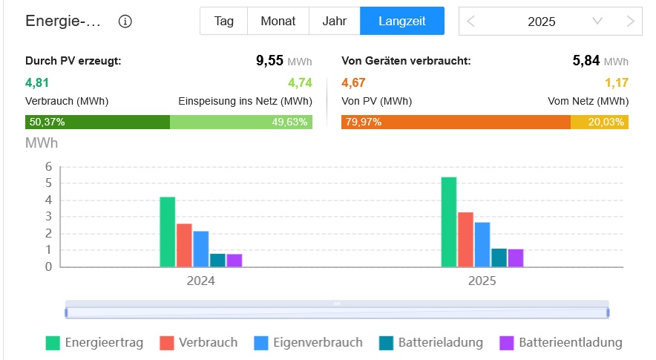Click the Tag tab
click(223, 21)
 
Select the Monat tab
click(278, 21)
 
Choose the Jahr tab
click(334, 21)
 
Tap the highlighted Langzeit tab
click(401, 21)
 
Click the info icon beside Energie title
click(125, 21)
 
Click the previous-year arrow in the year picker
click(471, 21)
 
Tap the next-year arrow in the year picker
click(630, 21)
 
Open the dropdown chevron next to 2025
click(597, 21)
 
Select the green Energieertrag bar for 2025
click(449, 222)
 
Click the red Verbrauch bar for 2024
click(184, 245)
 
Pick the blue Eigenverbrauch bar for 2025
click(482, 244)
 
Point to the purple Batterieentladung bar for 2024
click(234, 260)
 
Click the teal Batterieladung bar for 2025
click(499, 258)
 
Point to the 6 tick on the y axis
click(48, 166)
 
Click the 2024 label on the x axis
click(200, 282)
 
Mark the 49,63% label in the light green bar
click(289, 122)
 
